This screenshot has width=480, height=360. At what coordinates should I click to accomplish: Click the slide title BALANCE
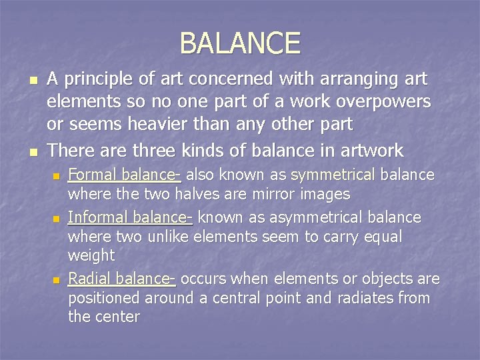point(240,43)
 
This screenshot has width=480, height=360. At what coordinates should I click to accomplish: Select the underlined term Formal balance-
point(125,175)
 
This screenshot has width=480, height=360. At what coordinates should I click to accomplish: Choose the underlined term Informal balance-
point(130,218)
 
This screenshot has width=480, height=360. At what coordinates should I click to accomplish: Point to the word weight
point(91,255)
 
